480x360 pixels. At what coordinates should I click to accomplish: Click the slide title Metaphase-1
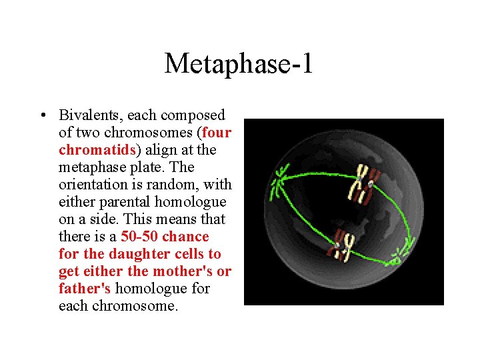tap(239, 64)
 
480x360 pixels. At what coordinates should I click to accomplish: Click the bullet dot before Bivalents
tap(43, 115)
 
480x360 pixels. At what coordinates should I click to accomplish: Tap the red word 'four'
tap(217, 133)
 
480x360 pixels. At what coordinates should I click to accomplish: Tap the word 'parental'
tap(125, 202)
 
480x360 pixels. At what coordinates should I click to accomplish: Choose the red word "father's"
tap(85, 289)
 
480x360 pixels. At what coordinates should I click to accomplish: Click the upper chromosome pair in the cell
tap(362, 183)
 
